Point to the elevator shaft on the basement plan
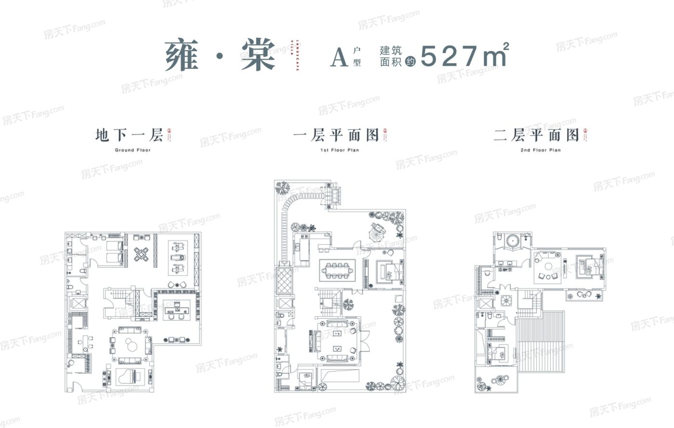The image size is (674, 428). [x=77, y=304]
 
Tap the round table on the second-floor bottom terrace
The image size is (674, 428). [x=501, y=379]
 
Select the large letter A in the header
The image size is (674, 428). [x=339, y=57]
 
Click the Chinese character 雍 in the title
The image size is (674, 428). [x=182, y=55]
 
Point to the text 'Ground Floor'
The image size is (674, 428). [x=133, y=150]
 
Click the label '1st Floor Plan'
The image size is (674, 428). [x=339, y=150]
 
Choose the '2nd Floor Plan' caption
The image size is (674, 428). [x=540, y=150]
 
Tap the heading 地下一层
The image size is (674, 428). [x=129, y=135]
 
